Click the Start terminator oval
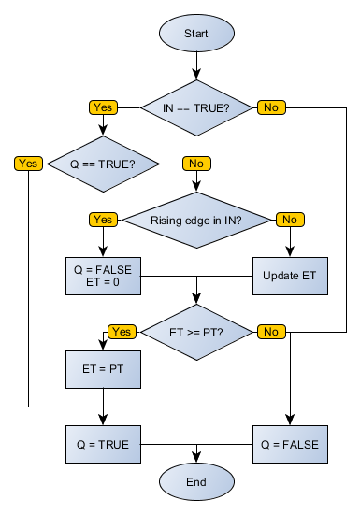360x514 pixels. click(x=196, y=33)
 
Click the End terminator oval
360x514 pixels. click(x=196, y=482)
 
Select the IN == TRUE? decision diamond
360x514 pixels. click(x=196, y=107)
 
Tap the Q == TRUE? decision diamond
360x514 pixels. click(x=103, y=164)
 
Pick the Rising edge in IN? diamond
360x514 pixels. click(x=196, y=220)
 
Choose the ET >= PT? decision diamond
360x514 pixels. click(x=196, y=331)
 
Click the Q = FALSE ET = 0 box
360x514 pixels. click(x=103, y=276)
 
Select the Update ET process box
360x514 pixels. click(x=290, y=276)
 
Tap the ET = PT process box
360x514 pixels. click(x=103, y=368)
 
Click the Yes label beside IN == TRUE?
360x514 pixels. click(x=103, y=107)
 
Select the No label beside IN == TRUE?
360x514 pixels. click(x=270, y=107)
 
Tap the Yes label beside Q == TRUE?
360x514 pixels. click(x=28, y=164)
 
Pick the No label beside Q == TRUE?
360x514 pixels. click(x=195, y=164)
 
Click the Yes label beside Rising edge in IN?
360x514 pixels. click(x=103, y=220)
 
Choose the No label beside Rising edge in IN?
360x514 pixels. click(x=289, y=220)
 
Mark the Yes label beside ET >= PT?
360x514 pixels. click(x=122, y=331)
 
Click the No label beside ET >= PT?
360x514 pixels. click(x=270, y=331)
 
